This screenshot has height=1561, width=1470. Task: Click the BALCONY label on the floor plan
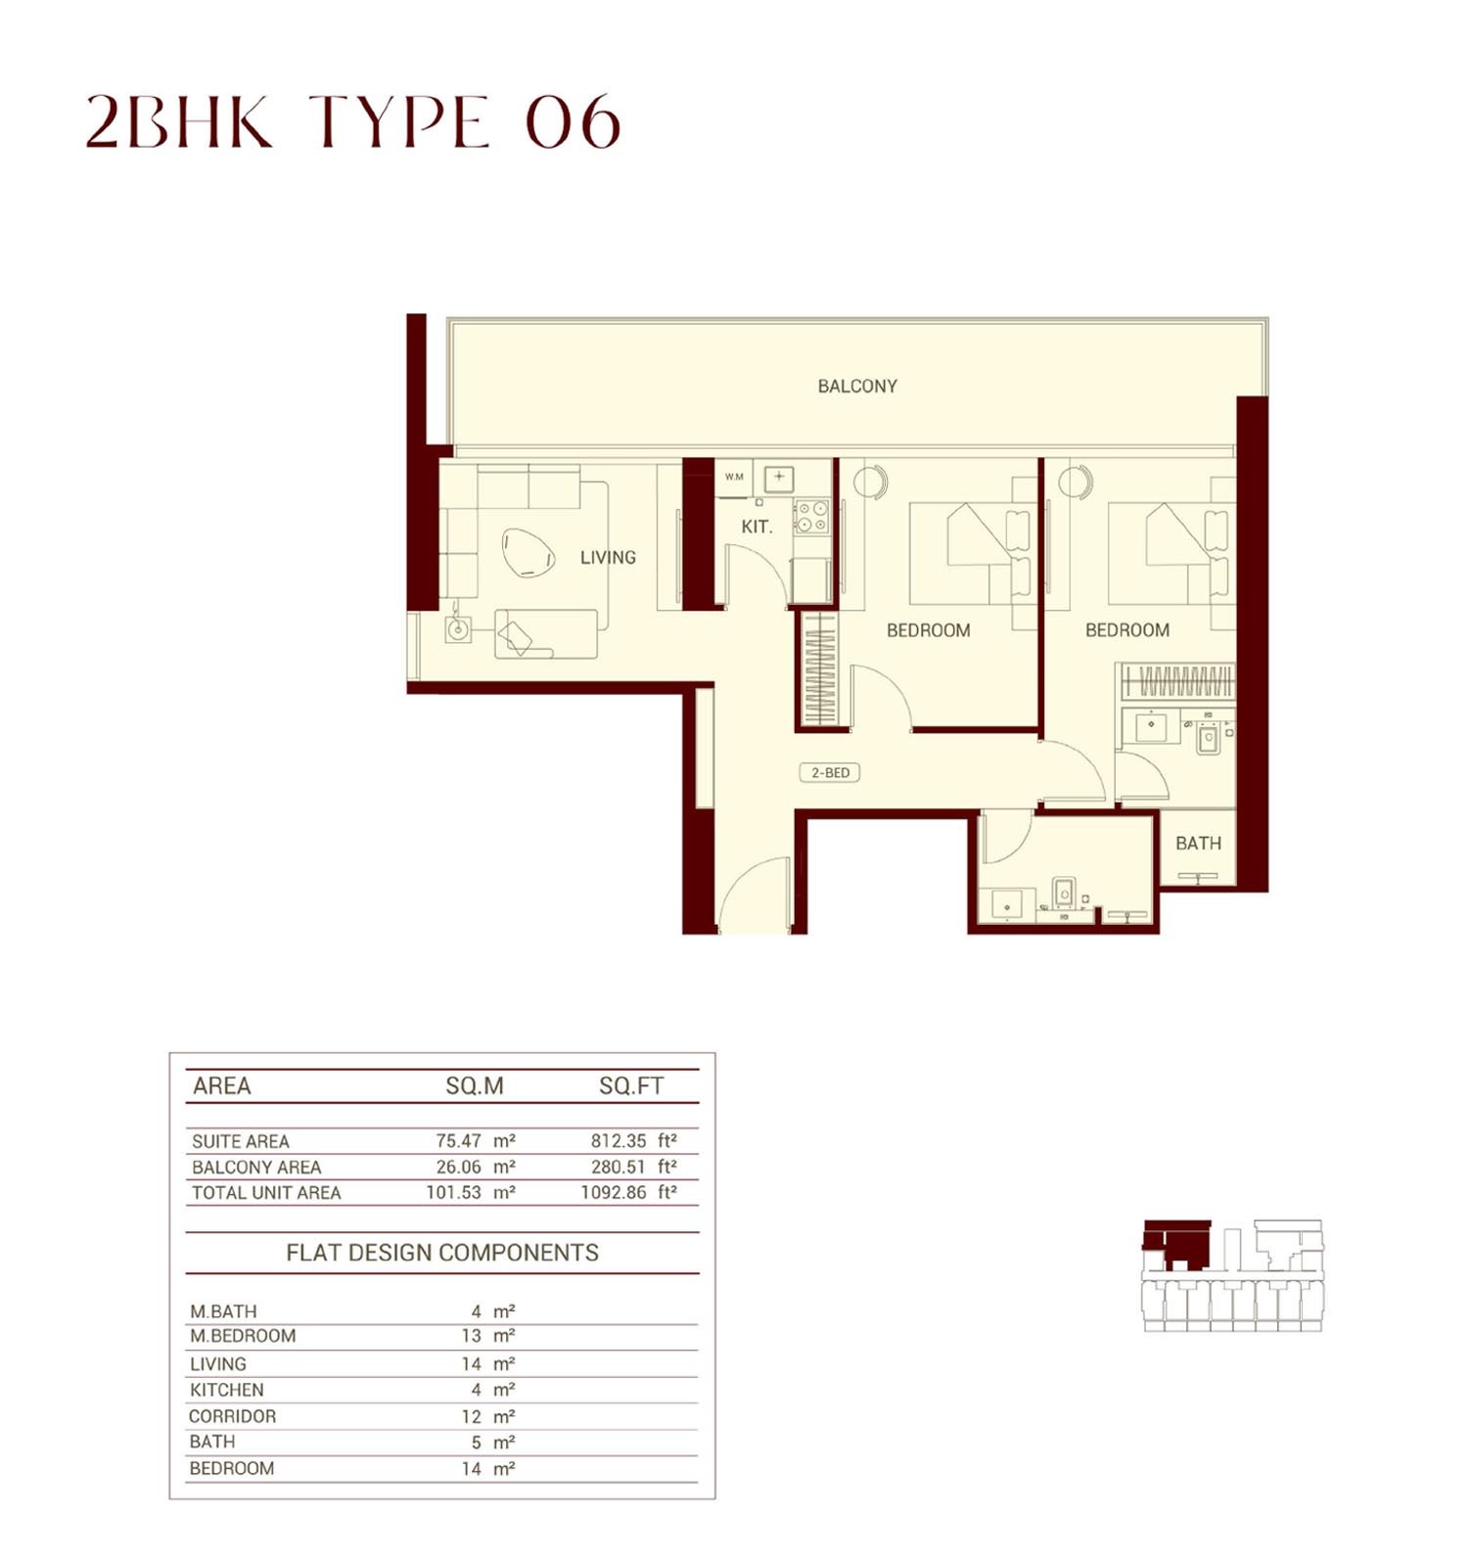tap(857, 387)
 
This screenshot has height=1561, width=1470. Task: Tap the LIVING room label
tap(608, 558)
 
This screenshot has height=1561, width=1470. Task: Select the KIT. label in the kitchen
tap(757, 527)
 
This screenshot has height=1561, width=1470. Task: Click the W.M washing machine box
tap(734, 478)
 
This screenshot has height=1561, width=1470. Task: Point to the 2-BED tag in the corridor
tap(830, 773)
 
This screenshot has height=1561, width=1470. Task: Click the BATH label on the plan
tap(1198, 844)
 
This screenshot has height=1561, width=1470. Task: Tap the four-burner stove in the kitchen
tap(810, 517)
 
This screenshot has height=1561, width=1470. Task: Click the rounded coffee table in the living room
tap(528, 553)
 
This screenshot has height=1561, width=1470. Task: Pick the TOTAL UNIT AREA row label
tap(266, 1193)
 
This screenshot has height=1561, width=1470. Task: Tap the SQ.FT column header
tap(631, 1086)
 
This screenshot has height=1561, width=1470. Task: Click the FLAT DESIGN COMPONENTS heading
tap(442, 1253)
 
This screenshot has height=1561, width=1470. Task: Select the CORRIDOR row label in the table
tap(233, 1416)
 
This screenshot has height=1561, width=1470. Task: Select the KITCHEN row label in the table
tap(227, 1390)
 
